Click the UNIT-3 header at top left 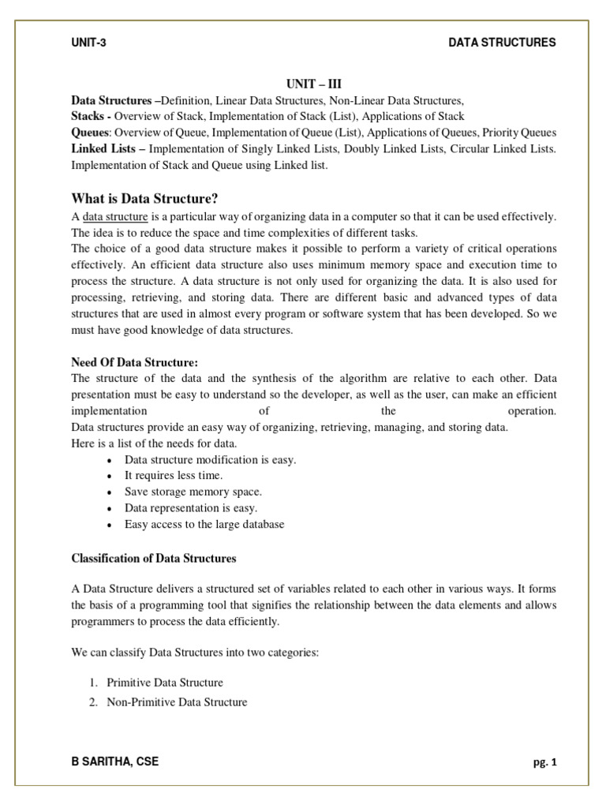(88, 43)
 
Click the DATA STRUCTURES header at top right (502, 43)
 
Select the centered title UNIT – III (313, 84)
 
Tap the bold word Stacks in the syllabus (89, 117)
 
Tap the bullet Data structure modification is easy (210, 460)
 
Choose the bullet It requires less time (174, 476)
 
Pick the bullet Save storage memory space (193, 492)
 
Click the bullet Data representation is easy (191, 508)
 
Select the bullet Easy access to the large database (204, 524)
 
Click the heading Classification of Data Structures (154, 559)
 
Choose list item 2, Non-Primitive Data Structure (177, 701)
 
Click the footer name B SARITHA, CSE (114, 761)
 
